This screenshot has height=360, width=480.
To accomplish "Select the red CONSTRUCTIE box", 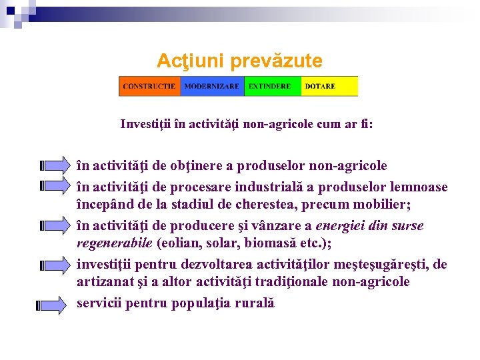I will (149, 86).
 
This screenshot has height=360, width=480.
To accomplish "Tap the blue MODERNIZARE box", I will (211, 86).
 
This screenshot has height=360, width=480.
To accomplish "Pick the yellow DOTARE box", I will (329, 86).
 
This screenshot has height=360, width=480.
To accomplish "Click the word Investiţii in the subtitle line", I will (145, 123).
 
